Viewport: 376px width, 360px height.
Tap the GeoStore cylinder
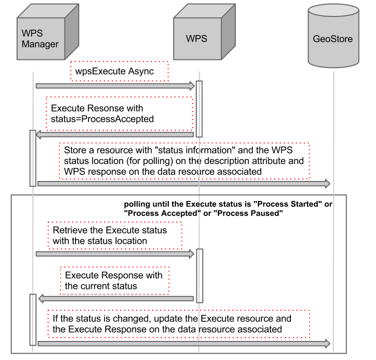333,38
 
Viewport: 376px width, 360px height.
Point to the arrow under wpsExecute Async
115,86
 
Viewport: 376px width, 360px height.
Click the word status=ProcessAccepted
102,119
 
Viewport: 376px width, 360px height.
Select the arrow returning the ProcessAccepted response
115,134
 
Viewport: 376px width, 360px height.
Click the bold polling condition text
228,209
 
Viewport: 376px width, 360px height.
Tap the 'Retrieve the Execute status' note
114,235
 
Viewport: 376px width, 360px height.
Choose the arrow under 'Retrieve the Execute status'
115,254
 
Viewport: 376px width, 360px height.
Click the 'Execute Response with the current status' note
114,280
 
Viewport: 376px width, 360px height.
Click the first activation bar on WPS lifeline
199,108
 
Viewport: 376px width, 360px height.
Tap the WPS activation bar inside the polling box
199,275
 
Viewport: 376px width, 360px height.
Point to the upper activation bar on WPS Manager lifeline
33,158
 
